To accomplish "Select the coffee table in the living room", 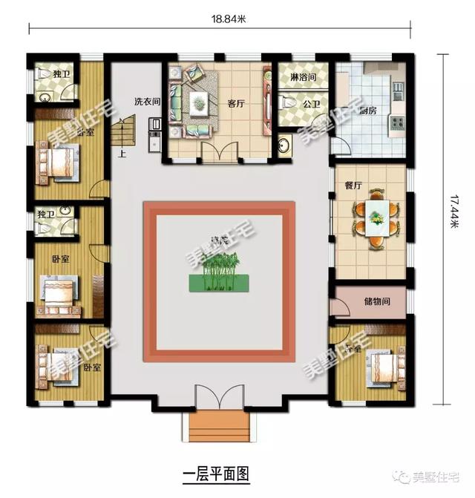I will coord(199,105).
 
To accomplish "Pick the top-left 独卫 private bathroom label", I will coord(62,73).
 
